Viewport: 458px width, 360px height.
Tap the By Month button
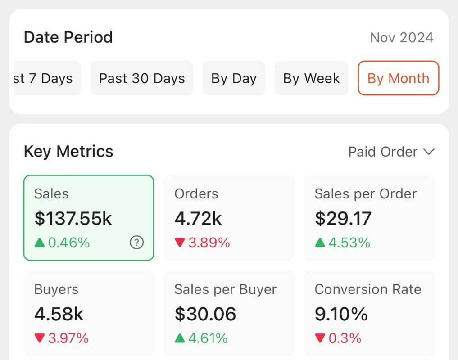pyautogui.click(x=398, y=78)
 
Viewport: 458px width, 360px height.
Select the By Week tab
pyautogui.click(x=311, y=78)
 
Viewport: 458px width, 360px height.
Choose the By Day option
pyautogui.click(x=234, y=78)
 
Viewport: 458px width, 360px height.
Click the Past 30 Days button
pyautogui.click(x=142, y=78)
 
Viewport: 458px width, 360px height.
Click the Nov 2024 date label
pyautogui.click(x=401, y=37)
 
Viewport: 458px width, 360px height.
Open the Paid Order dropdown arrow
pyautogui.click(x=429, y=152)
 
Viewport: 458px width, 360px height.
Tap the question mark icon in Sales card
pyautogui.click(x=136, y=243)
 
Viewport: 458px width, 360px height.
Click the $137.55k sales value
pyautogui.click(x=73, y=219)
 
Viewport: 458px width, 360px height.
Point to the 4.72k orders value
pyautogui.click(x=198, y=219)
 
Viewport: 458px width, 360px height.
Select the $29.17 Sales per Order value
pyautogui.click(x=343, y=219)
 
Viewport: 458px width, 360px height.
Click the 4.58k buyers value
pyautogui.click(x=59, y=314)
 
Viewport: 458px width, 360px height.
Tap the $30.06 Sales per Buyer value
pyautogui.click(x=205, y=314)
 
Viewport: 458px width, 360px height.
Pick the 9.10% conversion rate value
pyautogui.click(x=341, y=314)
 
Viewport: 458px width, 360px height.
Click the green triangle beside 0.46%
pyautogui.click(x=40, y=243)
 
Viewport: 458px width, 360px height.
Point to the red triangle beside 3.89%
pyautogui.click(x=180, y=243)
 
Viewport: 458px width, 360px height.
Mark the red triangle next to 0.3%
pyautogui.click(x=320, y=338)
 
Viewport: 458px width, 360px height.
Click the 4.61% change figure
pyautogui.click(x=208, y=338)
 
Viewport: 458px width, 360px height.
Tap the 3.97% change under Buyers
pyautogui.click(x=68, y=338)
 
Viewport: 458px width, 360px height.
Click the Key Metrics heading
pyautogui.click(x=68, y=152)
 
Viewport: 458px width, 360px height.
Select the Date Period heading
pyautogui.click(x=68, y=37)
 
